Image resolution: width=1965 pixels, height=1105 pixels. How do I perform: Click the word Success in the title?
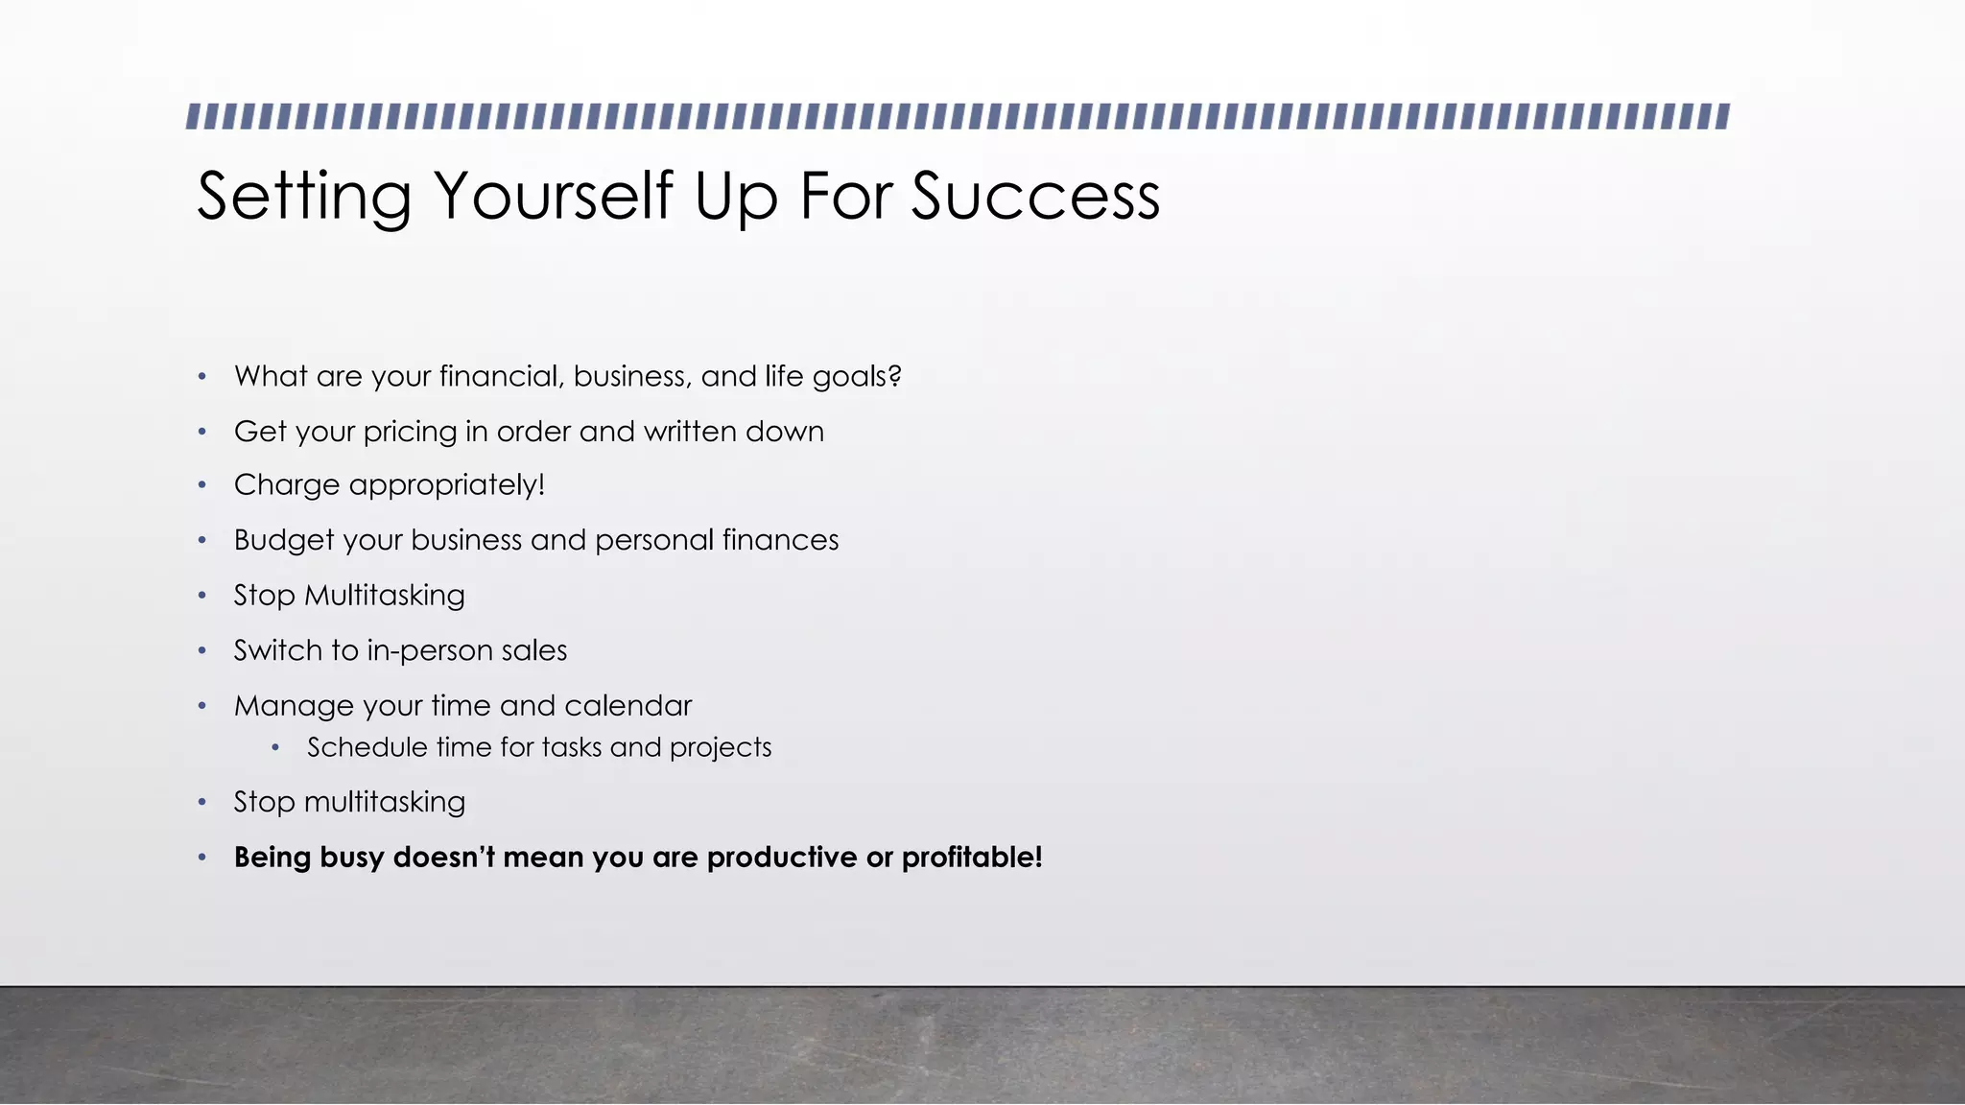click(x=1035, y=197)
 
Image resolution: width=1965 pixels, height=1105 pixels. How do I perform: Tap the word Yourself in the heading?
click(x=554, y=197)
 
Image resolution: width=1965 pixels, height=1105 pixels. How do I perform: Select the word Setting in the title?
click(x=304, y=197)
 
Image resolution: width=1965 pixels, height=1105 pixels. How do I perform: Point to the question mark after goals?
click(x=895, y=376)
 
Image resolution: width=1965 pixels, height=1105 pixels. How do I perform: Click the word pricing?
click(x=410, y=433)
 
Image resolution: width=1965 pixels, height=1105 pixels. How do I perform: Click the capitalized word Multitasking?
click(x=384, y=596)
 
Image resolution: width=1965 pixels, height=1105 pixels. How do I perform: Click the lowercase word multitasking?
click(x=384, y=802)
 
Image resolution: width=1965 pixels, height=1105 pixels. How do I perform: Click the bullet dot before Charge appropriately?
click(x=202, y=485)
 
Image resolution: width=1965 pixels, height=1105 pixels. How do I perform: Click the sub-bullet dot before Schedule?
click(x=275, y=747)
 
